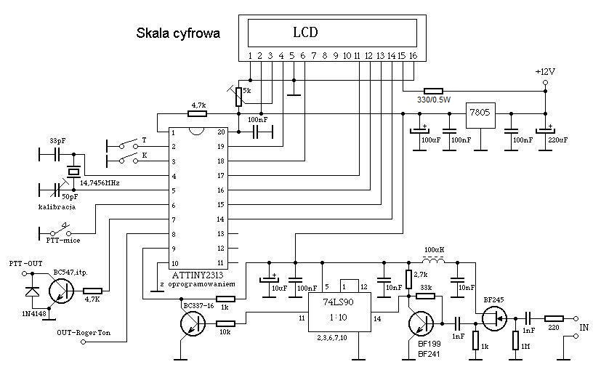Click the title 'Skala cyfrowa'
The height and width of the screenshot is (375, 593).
pos(178,33)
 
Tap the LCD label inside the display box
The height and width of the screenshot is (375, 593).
pos(305,33)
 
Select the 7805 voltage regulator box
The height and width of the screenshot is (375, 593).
pos(480,115)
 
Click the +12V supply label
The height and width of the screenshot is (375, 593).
pos(544,72)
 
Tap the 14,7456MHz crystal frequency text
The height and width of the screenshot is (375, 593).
pos(94,182)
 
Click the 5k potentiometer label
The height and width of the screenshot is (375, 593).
pos(246,92)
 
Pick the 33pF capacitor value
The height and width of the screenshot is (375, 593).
pos(57,140)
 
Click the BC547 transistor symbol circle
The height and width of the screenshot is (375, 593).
pos(60,289)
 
